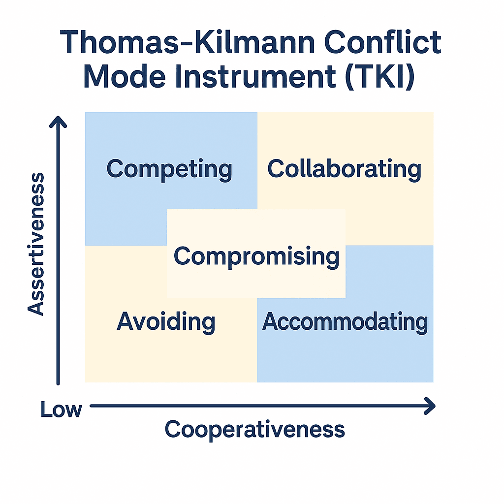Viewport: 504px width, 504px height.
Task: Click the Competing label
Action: coord(169,169)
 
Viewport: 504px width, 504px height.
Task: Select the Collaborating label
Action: coord(344,169)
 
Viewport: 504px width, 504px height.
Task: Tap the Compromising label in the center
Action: coord(256,256)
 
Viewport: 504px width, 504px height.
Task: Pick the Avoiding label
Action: coord(166,321)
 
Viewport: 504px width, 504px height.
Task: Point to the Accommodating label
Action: coord(345,321)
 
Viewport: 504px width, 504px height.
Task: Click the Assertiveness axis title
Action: coord(35,244)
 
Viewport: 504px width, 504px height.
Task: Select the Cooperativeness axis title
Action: coord(254,429)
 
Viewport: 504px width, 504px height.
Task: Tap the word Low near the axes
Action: coord(61,409)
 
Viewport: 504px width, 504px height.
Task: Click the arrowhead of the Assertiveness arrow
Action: coord(58,121)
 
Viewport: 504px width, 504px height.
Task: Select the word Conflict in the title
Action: coord(382,42)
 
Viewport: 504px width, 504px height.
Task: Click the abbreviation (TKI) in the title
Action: coord(379,77)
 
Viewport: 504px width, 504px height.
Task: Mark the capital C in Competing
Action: coord(115,168)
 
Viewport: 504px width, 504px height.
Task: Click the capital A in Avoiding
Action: coord(126,321)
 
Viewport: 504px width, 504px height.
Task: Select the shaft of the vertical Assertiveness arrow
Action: coord(58,251)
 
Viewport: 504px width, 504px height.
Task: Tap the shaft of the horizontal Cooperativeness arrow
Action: coord(262,406)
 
